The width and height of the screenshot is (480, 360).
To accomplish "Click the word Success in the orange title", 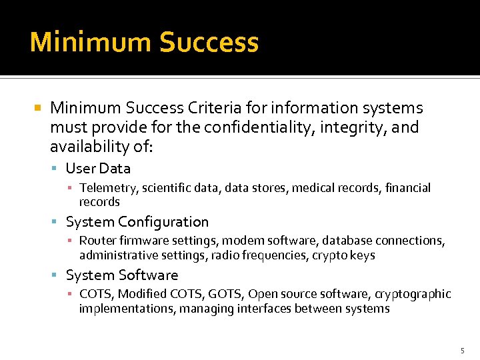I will coord(209,42).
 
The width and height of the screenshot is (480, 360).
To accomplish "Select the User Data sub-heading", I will coord(98,169).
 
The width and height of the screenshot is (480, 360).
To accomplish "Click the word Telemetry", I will coord(105,189).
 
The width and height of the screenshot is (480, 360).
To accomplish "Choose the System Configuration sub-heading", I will coord(137,222).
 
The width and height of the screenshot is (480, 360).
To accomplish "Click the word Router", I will coord(97,241).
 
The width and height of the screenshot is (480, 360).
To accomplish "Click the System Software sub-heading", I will coord(122,275).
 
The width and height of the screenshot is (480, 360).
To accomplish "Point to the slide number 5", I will coord(462,351).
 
